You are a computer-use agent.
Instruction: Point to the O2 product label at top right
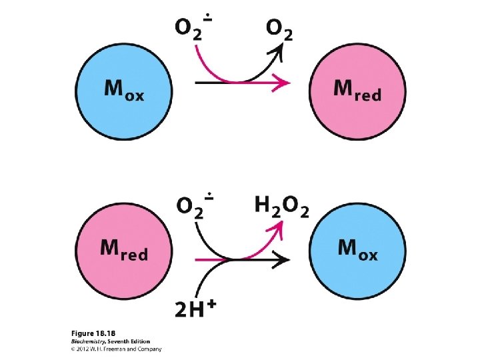point(279,30)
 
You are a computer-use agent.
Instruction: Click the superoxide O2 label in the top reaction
point(193,28)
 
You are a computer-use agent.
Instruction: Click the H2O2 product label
point(282,207)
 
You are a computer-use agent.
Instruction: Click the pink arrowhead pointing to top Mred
point(285,83)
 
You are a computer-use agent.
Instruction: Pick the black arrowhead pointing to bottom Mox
point(285,259)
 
